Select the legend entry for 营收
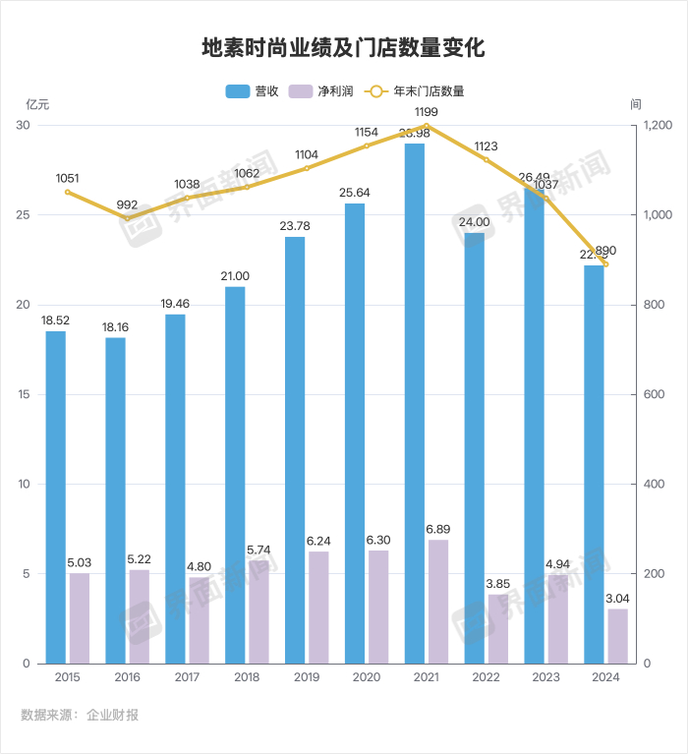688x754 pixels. click(254, 91)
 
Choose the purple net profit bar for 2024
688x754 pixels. click(617, 636)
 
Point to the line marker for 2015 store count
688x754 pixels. click(68, 192)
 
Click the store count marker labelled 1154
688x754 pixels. click(367, 145)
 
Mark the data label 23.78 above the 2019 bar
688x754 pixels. click(295, 227)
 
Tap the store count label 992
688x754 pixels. click(127, 205)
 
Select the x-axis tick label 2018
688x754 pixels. click(247, 677)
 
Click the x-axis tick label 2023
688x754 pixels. click(545, 677)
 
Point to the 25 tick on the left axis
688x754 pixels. click(24, 215)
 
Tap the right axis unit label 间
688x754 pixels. click(636, 103)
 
